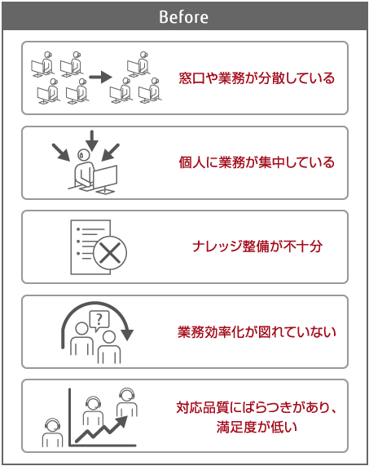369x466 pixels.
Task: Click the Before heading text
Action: (x=183, y=16)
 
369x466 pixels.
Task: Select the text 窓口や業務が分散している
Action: (x=257, y=78)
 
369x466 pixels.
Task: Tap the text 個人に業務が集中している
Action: (x=257, y=162)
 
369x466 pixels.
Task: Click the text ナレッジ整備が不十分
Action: (x=257, y=246)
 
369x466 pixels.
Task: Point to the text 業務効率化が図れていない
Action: (x=257, y=331)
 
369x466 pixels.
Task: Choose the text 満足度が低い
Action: (x=257, y=427)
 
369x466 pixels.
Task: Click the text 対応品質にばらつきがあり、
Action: (x=257, y=407)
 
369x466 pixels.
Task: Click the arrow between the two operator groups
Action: (x=100, y=77)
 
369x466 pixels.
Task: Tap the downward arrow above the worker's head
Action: (x=92, y=140)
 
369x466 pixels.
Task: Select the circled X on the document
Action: (x=110, y=253)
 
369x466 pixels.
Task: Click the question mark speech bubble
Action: (x=99, y=321)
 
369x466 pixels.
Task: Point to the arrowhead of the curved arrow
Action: (x=128, y=335)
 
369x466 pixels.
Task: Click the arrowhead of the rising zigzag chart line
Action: (x=122, y=421)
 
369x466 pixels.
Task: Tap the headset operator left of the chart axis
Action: (x=52, y=433)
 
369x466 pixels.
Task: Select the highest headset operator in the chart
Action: (x=127, y=402)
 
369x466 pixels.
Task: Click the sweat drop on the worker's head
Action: (x=81, y=154)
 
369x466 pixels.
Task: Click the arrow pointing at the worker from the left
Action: (x=61, y=153)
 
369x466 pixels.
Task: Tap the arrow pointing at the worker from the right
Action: (x=110, y=153)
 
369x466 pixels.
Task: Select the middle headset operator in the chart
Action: (x=93, y=411)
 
